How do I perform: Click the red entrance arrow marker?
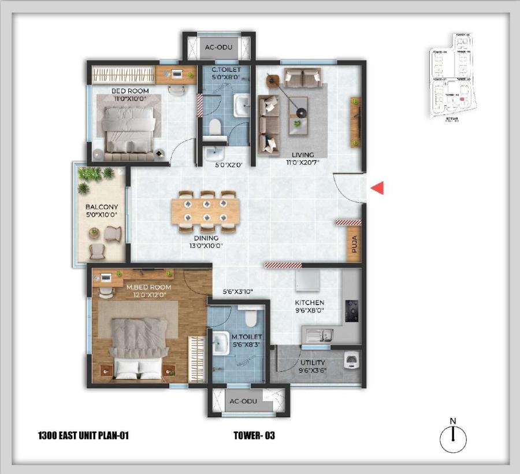click(377, 188)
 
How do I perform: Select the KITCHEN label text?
click(310, 302)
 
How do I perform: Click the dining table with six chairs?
click(206, 211)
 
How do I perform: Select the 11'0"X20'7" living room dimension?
click(303, 162)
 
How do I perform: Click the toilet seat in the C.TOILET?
click(215, 127)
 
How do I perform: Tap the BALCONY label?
click(102, 207)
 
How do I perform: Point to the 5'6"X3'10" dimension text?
click(238, 292)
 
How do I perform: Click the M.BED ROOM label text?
click(149, 287)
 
